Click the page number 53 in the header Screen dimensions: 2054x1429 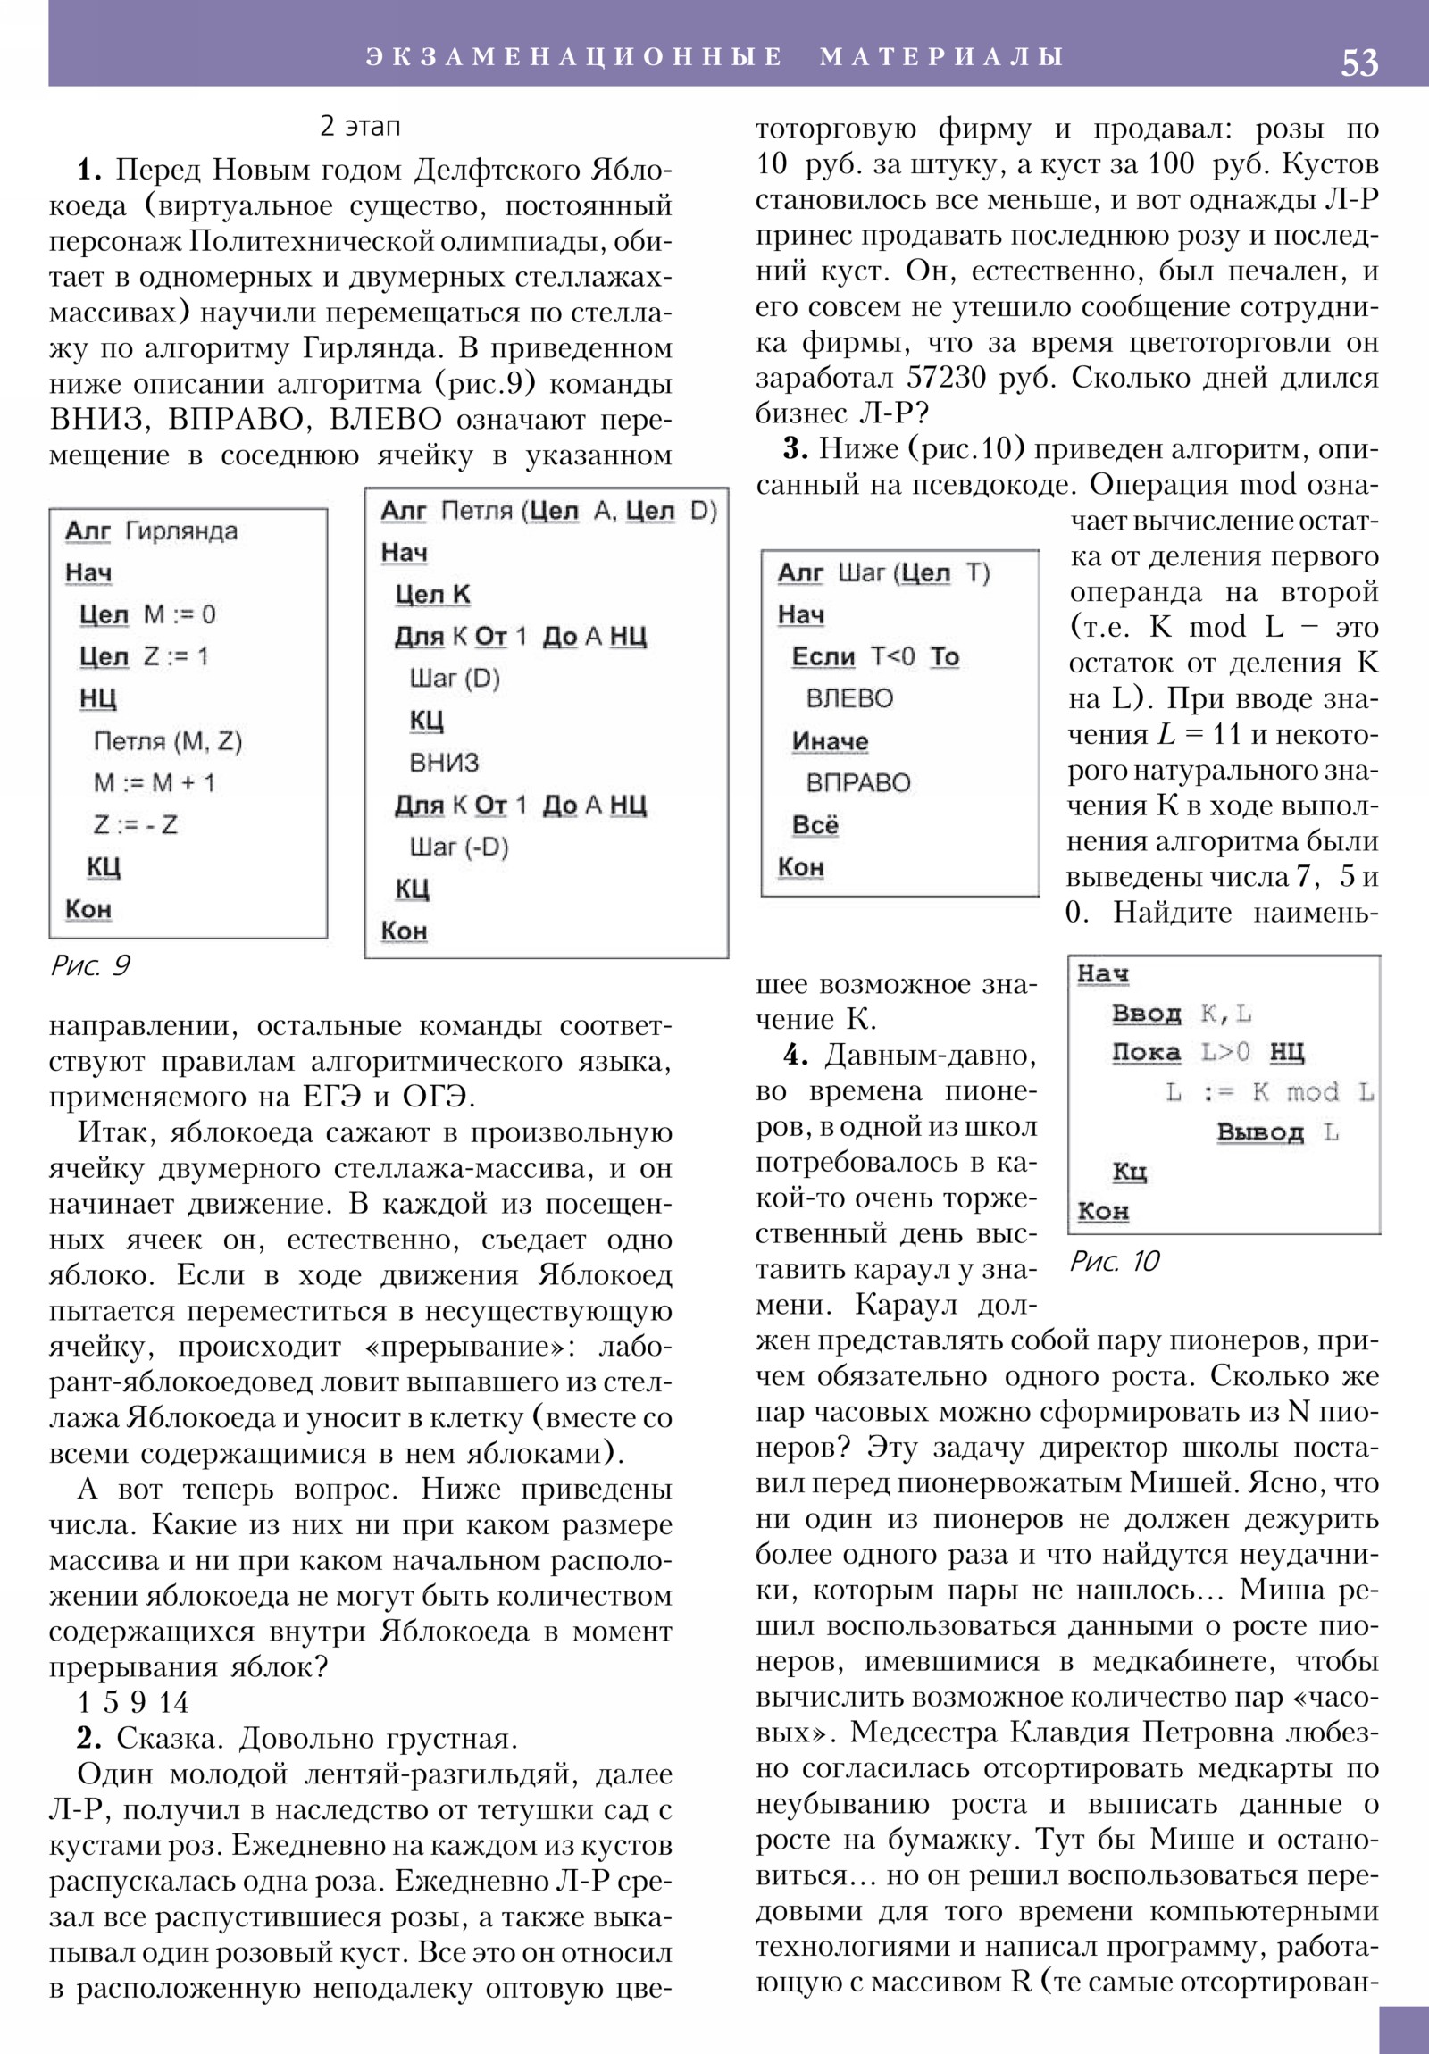(1358, 63)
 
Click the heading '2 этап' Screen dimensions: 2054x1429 (360, 126)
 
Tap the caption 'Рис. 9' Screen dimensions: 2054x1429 (90, 966)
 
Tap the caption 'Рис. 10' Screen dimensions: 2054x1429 (1114, 1261)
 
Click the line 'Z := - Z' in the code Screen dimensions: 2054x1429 (135, 825)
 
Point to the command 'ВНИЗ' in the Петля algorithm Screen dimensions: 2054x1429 (444, 762)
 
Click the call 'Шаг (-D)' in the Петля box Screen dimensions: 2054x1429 (458, 847)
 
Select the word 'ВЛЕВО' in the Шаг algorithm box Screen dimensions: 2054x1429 (849, 698)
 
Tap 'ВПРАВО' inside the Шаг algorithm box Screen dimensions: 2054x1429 (857, 783)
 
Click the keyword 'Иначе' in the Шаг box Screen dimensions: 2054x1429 (830, 740)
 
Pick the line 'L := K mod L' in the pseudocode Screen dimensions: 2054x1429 (1269, 1092)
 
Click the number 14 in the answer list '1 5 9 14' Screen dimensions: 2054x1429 (174, 1702)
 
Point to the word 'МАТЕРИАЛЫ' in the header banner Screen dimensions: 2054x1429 (940, 56)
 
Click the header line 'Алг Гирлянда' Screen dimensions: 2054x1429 (151, 531)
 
